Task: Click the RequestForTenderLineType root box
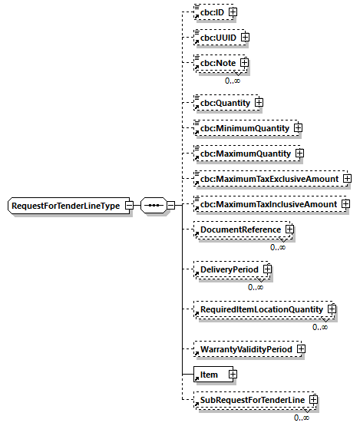click(67, 206)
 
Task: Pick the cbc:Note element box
click(217, 63)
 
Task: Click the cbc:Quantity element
click(224, 101)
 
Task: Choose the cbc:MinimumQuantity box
click(243, 127)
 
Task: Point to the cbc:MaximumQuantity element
click(244, 154)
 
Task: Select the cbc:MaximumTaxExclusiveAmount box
click(269, 179)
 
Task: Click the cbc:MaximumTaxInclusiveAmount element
click(269, 205)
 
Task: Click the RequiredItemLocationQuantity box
click(262, 309)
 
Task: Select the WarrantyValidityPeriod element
click(246, 349)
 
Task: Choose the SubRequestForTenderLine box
click(253, 401)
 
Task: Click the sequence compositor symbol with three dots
click(154, 206)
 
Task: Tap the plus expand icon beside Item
click(232, 375)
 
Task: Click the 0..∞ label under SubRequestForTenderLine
click(302, 418)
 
